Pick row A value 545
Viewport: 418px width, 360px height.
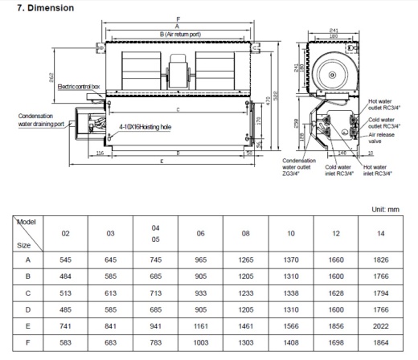(x=66, y=260)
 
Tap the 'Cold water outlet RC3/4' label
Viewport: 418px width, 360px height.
(x=384, y=123)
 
